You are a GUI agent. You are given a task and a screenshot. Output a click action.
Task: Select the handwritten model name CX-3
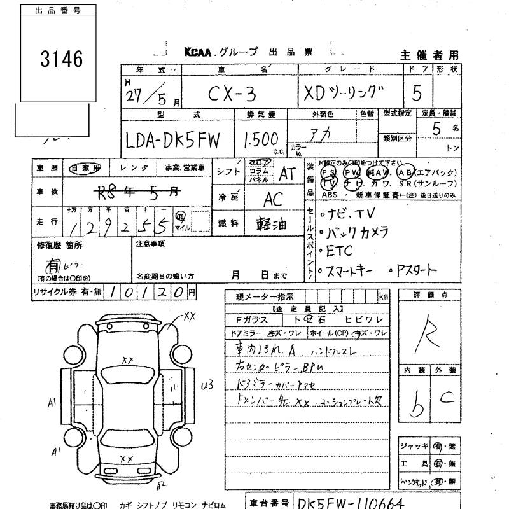pos(233,94)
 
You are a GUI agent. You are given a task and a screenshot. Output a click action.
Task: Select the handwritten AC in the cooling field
pos(273,199)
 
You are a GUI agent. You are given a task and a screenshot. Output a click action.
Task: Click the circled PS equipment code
pos(328,172)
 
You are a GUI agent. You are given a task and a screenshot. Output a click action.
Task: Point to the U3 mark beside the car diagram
pos(206,384)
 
